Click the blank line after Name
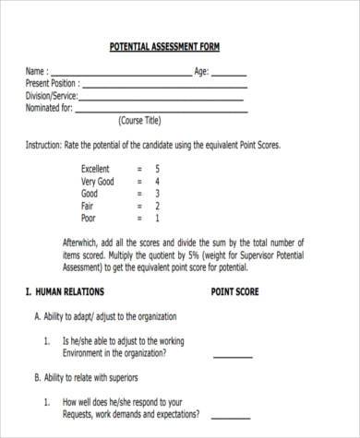pyautogui.click(x=120, y=74)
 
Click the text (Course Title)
pyautogui.click(x=139, y=122)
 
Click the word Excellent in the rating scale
pyautogui.click(x=95, y=170)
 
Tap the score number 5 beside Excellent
pyautogui.click(x=157, y=170)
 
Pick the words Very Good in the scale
pyautogui.click(x=98, y=182)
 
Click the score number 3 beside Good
pyautogui.click(x=157, y=195)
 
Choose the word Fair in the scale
pyautogui.click(x=88, y=207)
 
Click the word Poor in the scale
pyautogui.click(x=89, y=219)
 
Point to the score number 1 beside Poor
pyautogui.click(x=157, y=219)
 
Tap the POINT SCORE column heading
pyautogui.click(x=235, y=292)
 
